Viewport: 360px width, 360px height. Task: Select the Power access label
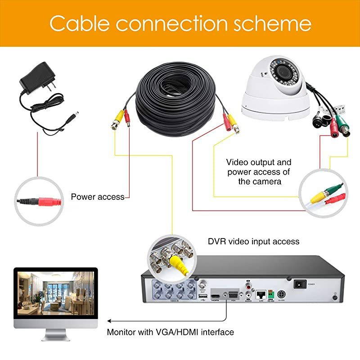(x=98, y=197)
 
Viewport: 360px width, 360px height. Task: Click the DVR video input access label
(x=253, y=242)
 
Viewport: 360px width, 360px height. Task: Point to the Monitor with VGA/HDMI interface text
(x=170, y=333)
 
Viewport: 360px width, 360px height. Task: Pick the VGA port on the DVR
(x=233, y=295)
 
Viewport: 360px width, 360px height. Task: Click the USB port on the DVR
(x=202, y=297)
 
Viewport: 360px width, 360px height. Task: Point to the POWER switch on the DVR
(x=299, y=284)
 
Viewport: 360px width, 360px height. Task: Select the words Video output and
(x=258, y=162)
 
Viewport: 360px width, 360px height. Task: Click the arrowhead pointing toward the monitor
(x=108, y=321)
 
